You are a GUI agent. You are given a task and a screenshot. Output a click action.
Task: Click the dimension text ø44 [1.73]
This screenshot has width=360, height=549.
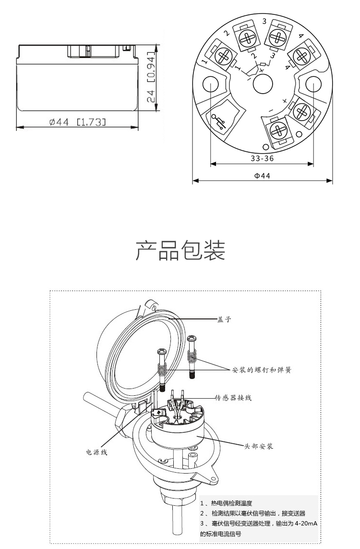coord(77,122)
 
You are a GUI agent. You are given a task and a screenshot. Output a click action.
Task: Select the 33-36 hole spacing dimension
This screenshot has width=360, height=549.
coord(262,158)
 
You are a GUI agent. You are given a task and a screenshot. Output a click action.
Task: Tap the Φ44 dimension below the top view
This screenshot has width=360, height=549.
coord(262,176)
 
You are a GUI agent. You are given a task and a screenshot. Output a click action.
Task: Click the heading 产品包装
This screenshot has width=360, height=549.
coord(180,251)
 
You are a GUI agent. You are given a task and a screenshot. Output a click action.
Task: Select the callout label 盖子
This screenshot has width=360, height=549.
coord(224,319)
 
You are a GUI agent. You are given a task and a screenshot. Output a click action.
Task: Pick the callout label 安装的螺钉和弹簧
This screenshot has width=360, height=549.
coord(262,370)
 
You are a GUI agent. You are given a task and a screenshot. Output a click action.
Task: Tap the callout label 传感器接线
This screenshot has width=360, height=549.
coord(233,398)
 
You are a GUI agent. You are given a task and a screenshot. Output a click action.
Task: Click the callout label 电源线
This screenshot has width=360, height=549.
coord(96,452)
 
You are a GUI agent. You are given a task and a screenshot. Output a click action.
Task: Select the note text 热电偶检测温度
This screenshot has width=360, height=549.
coord(228,503)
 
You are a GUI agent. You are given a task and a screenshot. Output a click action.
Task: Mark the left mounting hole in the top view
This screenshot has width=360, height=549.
coord(211,85)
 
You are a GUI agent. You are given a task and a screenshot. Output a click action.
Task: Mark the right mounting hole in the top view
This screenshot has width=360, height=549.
coord(313,85)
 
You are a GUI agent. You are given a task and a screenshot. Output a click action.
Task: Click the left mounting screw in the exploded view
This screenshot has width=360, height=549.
coord(162,367)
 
